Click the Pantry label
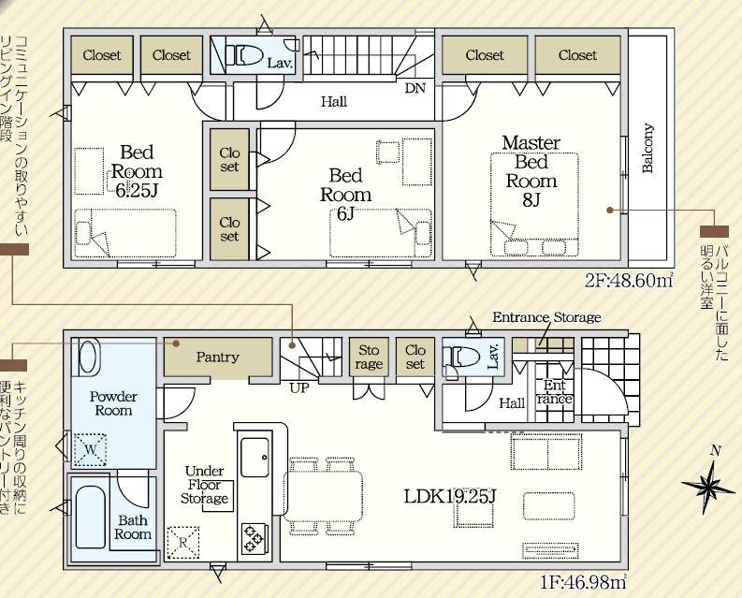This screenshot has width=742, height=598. pos(218,357)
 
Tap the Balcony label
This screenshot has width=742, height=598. pos(647,148)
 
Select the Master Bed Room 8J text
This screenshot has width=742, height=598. pos(531,171)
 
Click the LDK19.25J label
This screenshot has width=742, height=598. pos(450,496)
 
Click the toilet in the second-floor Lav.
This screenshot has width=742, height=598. pos(243,55)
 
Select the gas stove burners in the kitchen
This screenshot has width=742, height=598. pos(254,538)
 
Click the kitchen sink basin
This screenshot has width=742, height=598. pos(255,458)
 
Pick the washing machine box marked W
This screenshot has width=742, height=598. pos(91,449)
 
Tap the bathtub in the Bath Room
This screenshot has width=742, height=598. pos(91,518)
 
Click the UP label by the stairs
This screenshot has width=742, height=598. pos(299,388)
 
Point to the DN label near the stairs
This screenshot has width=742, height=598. pos(415,88)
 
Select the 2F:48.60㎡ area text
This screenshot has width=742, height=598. pos(629,281)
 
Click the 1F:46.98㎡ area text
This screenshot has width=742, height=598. pos(584,582)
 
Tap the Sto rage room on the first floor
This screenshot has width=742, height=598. pos(369,357)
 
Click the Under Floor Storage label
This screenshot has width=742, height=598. pos(204,485)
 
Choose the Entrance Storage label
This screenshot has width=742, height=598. pos(546,316)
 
